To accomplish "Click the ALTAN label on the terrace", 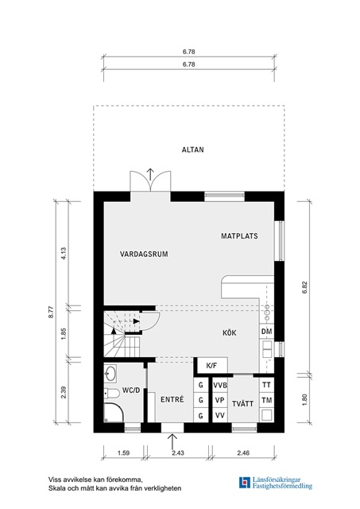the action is click(192, 150).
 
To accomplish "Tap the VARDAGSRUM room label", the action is click(144, 254).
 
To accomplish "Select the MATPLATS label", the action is click(239, 236).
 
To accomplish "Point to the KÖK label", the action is click(230, 332).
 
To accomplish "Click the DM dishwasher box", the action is click(266, 332).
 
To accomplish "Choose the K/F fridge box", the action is click(212, 366).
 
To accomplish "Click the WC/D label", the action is click(131, 390).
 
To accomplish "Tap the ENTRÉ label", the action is click(172, 399).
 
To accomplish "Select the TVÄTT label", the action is click(242, 403).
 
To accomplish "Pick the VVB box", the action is click(220, 385).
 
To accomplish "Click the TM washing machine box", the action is click(266, 400).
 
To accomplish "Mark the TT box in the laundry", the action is click(266, 385).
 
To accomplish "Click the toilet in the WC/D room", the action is click(111, 394).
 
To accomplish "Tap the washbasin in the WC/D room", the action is click(110, 373).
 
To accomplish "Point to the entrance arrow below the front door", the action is click(172, 441).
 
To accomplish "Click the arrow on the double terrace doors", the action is click(150, 174).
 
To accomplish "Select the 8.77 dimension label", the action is click(51, 312).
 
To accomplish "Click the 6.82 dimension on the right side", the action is click(304, 287).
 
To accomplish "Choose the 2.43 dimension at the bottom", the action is click(177, 453).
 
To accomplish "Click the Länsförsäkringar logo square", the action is click(245, 483).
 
